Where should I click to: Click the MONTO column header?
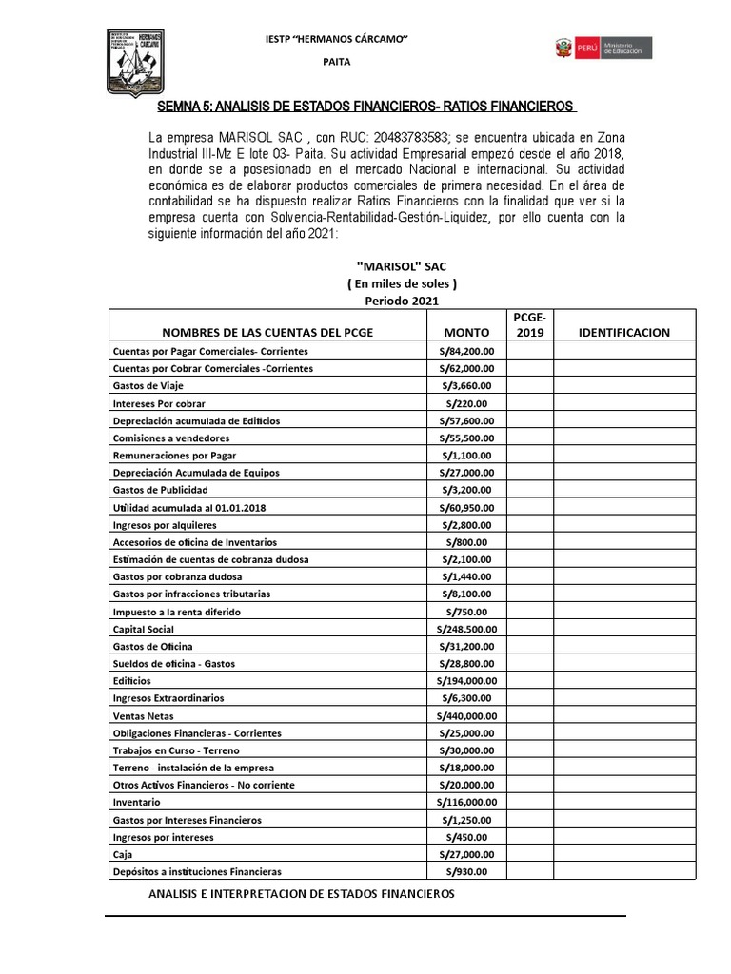[x=466, y=333]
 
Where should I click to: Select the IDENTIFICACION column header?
[x=623, y=333]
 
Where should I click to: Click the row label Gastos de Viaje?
[x=148, y=385]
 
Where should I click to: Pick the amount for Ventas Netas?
[x=466, y=715]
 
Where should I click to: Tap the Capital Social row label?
[x=143, y=629]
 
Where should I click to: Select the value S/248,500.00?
[x=466, y=629]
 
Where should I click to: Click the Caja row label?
[x=123, y=854]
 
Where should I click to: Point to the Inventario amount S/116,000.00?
[x=466, y=802]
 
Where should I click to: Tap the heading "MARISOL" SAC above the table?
[x=400, y=267]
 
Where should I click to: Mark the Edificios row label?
[x=131, y=681]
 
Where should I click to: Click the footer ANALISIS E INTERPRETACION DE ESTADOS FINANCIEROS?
[x=303, y=894]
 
